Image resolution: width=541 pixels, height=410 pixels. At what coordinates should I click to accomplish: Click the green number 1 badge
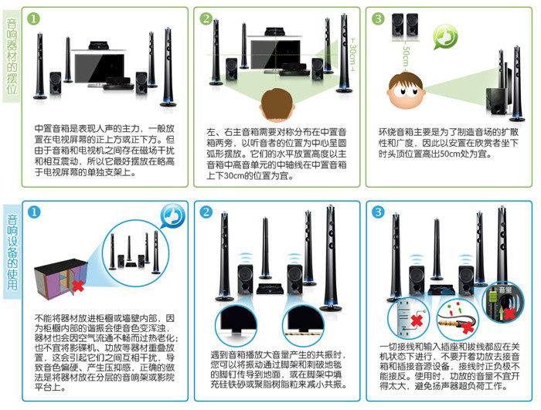[33, 19]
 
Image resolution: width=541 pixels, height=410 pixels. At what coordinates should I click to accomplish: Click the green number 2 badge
[206, 19]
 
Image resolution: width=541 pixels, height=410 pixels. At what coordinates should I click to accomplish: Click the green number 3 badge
[378, 19]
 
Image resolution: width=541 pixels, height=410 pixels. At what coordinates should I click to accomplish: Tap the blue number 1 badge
[34, 212]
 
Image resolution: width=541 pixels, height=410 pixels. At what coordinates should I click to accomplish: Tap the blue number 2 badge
[206, 212]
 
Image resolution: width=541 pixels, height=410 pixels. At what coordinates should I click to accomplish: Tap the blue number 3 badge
[378, 212]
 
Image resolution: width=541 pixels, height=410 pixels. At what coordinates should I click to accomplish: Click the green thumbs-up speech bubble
[445, 36]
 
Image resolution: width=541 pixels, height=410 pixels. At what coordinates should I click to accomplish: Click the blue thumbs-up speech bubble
[172, 216]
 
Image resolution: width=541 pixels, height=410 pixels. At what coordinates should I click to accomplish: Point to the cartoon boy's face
[406, 90]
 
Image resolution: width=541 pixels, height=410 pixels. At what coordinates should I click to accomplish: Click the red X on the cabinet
[78, 286]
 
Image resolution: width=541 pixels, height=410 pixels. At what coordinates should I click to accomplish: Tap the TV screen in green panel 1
[100, 68]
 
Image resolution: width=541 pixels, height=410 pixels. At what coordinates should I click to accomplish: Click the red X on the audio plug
[468, 327]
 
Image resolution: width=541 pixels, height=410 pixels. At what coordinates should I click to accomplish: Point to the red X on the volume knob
[509, 313]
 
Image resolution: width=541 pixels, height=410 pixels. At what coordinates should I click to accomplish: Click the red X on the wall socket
[417, 320]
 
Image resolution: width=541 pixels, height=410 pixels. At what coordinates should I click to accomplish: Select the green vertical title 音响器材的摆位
[12, 56]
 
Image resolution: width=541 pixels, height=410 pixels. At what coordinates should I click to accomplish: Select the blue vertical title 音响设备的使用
[12, 252]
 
